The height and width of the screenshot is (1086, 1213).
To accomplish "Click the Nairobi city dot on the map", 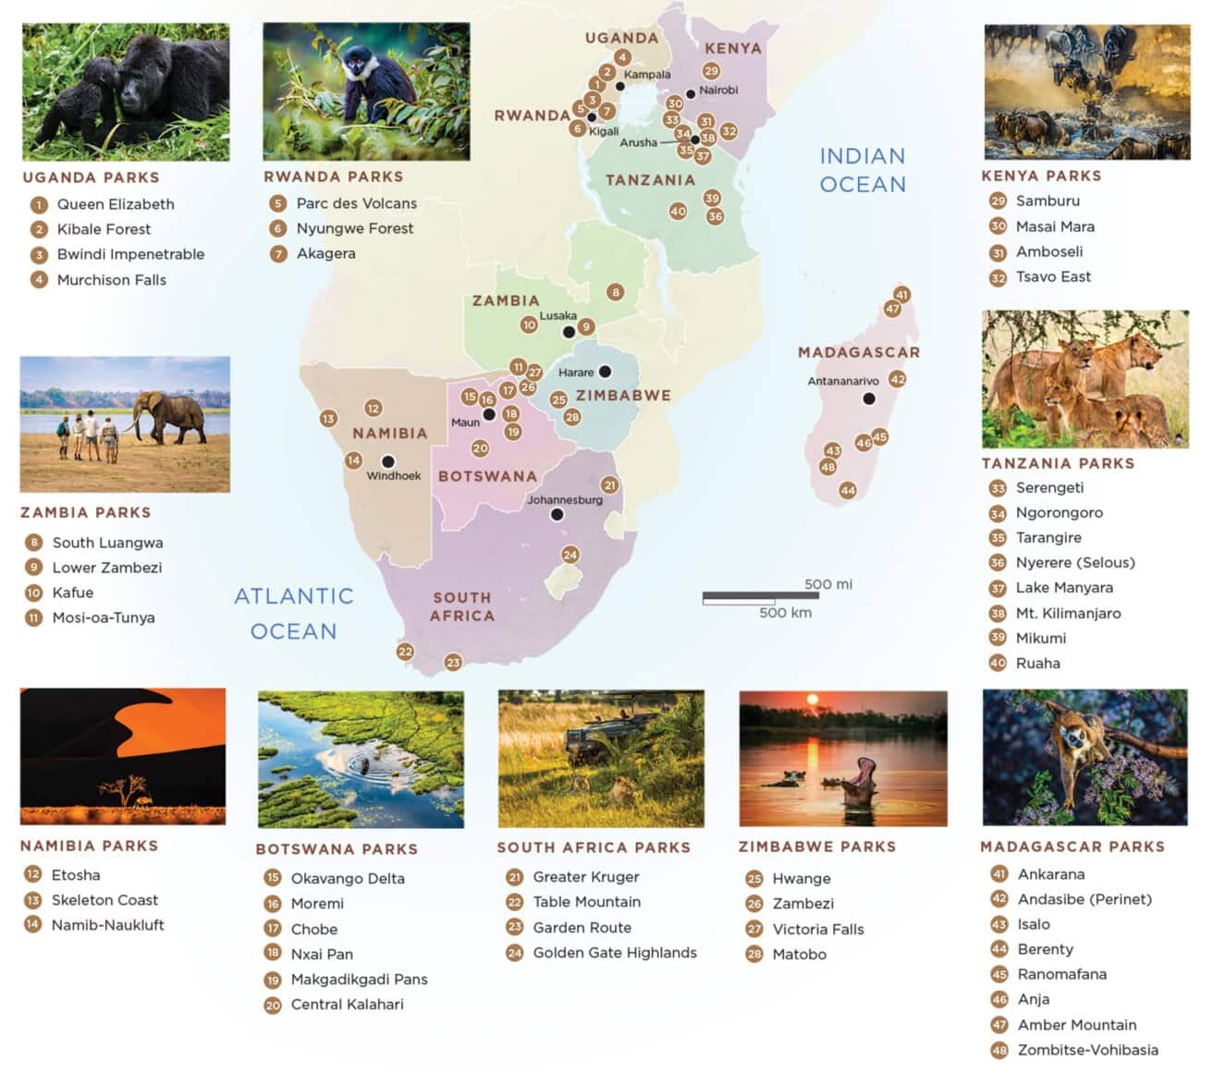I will tap(690, 94).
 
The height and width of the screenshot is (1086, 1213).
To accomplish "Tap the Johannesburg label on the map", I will tap(564, 500).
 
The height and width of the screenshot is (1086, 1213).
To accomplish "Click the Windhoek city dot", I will tap(388, 461).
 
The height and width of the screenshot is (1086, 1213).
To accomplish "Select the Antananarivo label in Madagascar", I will tap(842, 381).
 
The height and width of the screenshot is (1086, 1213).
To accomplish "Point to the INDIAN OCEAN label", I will tap(863, 170).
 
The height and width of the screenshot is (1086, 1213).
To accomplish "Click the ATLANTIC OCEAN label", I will tap(294, 614).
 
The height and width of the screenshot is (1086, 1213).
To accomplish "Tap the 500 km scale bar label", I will tap(785, 613).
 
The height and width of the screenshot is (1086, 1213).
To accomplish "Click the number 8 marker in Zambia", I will tap(615, 292).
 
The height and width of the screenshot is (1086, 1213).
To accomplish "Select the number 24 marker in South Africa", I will tap(570, 555).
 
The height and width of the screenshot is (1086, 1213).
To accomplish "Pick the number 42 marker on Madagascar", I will tap(897, 379).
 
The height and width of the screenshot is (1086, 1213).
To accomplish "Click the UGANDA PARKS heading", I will tap(91, 177).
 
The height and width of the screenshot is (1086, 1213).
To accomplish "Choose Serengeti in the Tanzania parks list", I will tap(1049, 487).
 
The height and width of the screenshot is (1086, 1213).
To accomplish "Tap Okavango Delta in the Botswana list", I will tap(348, 878).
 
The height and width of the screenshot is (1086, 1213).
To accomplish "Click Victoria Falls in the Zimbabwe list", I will tap(818, 929).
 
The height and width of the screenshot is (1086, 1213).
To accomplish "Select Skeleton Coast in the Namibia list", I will tap(104, 899).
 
